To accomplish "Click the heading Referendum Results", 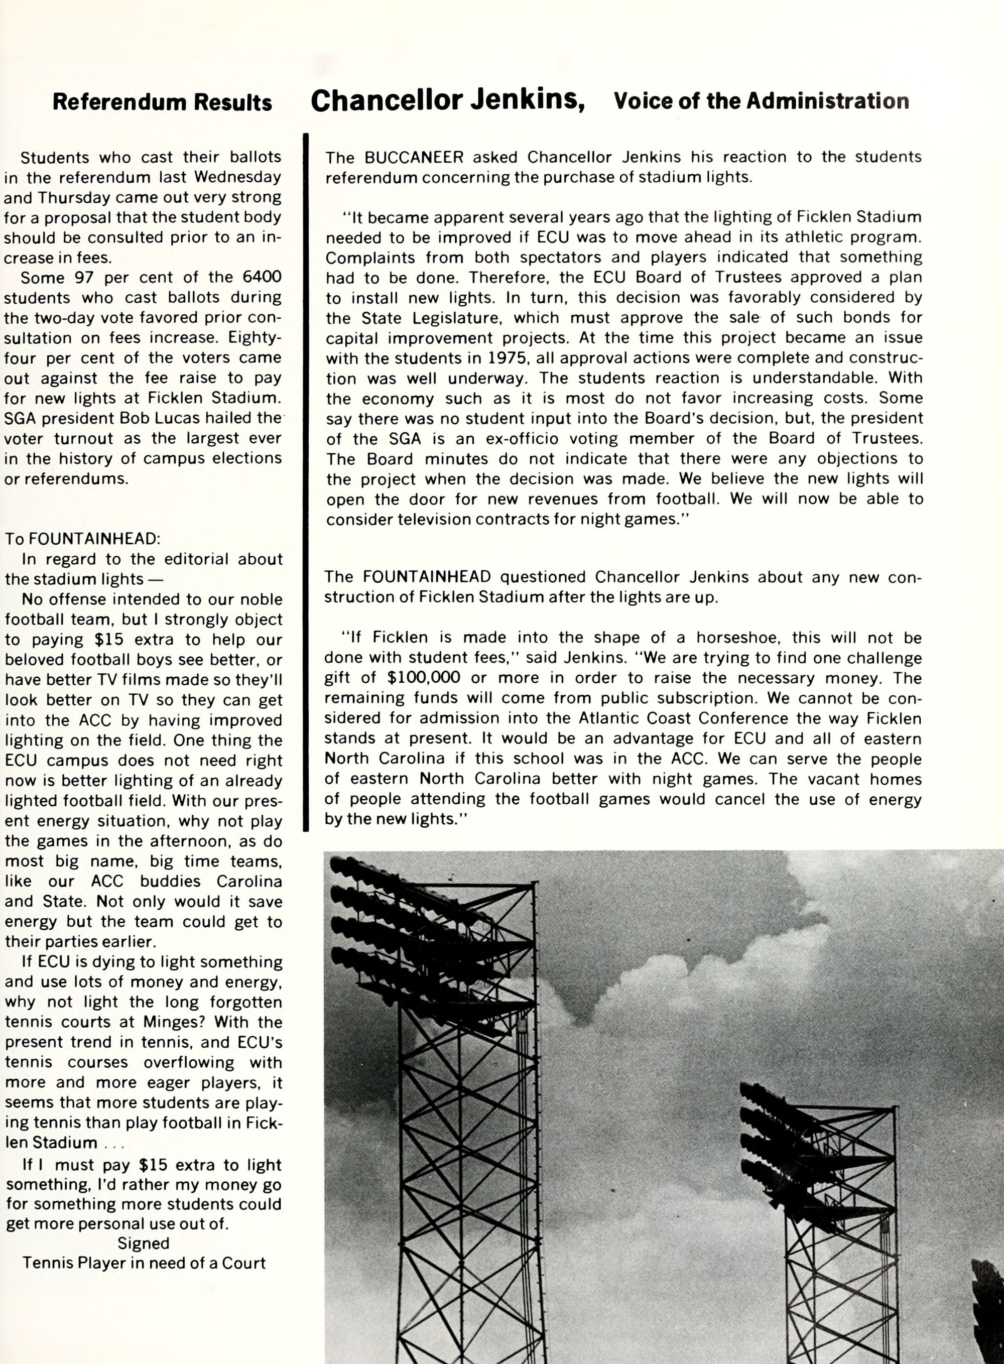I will pos(162,102).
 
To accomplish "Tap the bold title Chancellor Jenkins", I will pos(448,100).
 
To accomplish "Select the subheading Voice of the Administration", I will pos(761,101).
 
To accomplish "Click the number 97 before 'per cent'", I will pos(84,278).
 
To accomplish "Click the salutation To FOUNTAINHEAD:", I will pos(83,539).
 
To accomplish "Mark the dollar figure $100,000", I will pos(423,678).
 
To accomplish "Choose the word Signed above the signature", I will pos(144,1244).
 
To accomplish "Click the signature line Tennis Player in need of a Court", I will pos(144,1264).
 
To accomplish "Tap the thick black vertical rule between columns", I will pos(306,480).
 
